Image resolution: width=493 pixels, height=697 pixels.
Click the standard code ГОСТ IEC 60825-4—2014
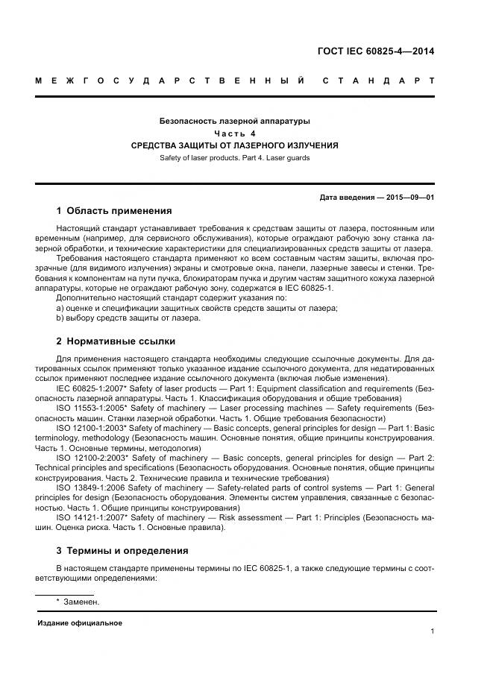tap(376, 51)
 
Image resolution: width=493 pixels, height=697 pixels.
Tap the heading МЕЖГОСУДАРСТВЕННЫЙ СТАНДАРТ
tap(235, 81)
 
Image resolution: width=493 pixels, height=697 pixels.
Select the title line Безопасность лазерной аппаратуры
tap(235, 121)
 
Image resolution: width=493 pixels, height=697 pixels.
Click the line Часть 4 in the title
tap(235, 133)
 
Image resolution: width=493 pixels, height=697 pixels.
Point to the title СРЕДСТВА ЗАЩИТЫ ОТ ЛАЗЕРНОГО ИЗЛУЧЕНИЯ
tap(235, 145)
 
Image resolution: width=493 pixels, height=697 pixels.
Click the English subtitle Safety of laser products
tap(235, 158)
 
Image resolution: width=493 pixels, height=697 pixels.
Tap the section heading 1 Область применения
tap(114, 211)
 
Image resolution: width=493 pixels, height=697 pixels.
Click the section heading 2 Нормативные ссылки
tap(116, 341)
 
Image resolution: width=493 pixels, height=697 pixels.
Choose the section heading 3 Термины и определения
tap(122, 551)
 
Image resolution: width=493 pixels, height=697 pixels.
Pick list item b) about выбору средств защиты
tap(128, 318)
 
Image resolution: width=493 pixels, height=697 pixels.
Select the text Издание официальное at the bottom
tap(80, 623)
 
